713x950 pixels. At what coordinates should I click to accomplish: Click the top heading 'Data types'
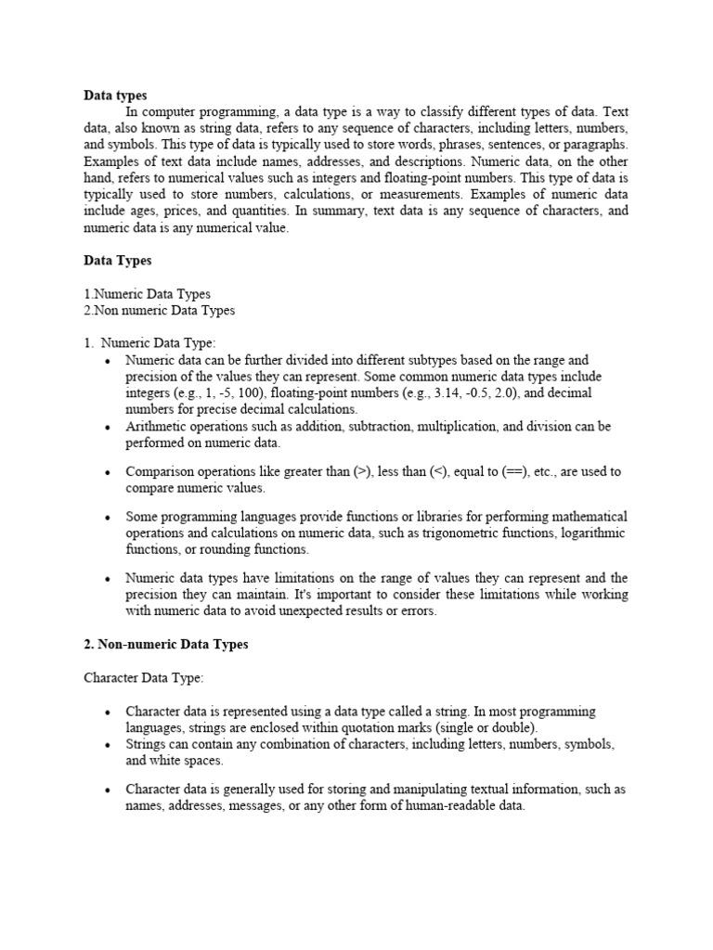pos(115,95)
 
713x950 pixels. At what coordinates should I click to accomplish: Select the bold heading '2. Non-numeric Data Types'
pos(166,644)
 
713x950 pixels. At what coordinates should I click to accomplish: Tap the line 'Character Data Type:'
pos(143,679)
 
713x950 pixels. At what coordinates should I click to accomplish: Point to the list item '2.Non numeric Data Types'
pos(160,310)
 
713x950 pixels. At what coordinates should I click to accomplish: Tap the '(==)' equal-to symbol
pos(514,471)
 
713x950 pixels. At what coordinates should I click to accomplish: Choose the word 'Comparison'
pos(163,471)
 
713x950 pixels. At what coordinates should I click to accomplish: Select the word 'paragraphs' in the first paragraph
pos(595,145)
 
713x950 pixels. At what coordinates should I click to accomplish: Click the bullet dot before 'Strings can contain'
pos(108,745)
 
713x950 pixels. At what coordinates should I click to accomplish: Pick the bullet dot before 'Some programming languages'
pos(108,517)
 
